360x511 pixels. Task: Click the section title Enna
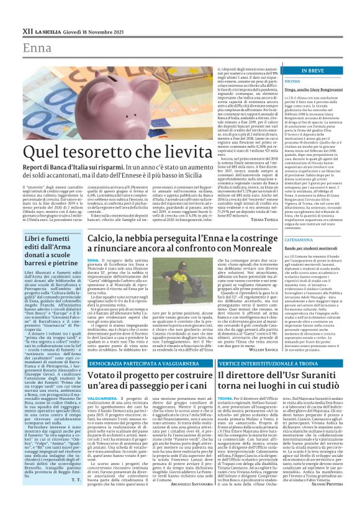tap(36, 48)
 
